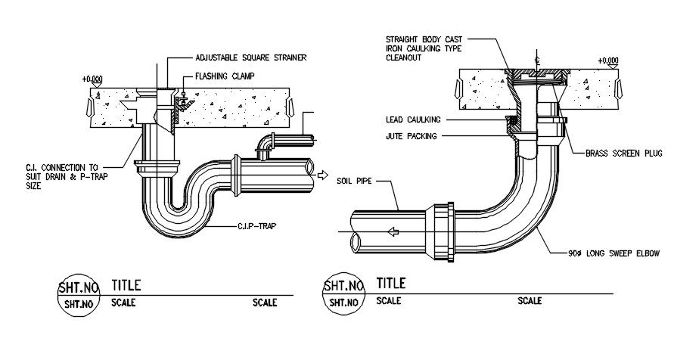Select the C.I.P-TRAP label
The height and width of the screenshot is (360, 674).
click(x=254, y=226)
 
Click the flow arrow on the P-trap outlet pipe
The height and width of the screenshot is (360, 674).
click(x=321, y=176)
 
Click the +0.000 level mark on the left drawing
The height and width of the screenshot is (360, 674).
click(x=93, y=78)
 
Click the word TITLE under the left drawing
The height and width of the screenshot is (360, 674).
click(x=126, y=285)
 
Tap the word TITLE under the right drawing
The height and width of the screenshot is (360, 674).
click(x=391, y=284)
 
